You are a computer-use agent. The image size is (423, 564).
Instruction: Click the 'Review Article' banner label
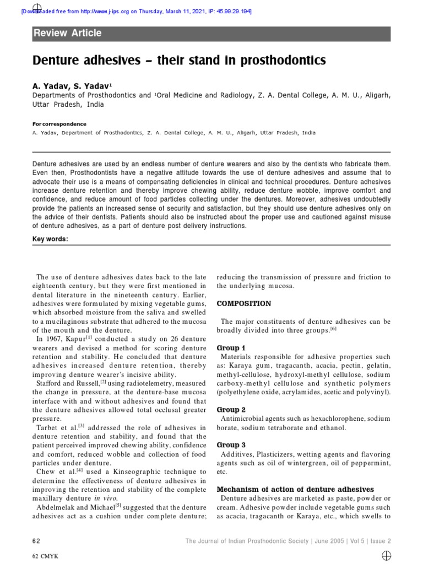coord(68,33)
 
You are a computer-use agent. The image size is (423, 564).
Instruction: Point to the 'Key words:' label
coord(51,239)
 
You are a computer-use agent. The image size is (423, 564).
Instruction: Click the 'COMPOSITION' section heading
coord(243,303)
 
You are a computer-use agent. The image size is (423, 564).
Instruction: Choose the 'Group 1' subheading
coord(231,348)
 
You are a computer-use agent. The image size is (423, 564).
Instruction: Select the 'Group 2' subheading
coord(231,410)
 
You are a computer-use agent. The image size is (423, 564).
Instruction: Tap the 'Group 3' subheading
coord(231,445)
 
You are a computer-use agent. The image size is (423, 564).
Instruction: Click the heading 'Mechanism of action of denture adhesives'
coord(295,489)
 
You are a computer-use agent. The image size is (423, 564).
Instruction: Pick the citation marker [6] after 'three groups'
coord(334,329)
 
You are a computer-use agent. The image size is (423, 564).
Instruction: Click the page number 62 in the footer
coord(36,541)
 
